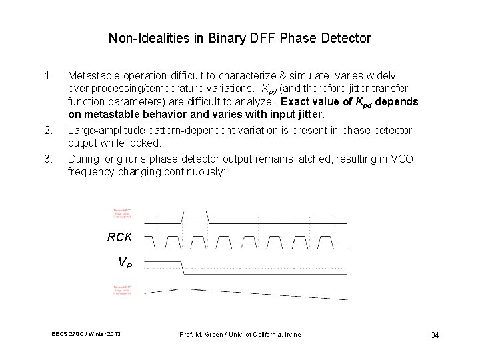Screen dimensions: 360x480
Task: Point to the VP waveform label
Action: point(125,263)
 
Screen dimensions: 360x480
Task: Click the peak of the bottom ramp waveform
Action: point(183,288)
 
